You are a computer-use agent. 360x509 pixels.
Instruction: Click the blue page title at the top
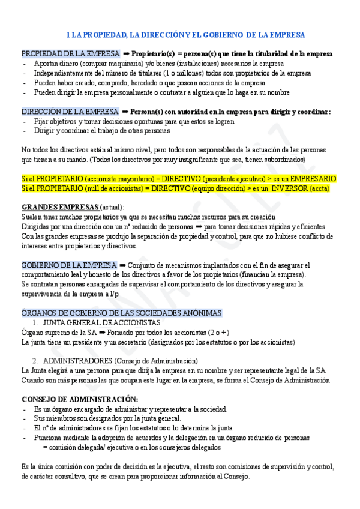(x=185, y=35)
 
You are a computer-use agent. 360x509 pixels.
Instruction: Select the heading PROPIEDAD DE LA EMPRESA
(x=70, y=53)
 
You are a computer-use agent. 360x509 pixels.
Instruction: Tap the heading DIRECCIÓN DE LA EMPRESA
(x=70, y=112)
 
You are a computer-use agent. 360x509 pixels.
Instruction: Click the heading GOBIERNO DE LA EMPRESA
(x=69, y=265)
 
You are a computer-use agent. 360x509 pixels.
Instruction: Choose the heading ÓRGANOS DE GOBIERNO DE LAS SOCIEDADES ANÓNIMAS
(x=122, y=313)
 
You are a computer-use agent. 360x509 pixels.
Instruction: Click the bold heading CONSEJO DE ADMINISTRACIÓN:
(x=80, y=399)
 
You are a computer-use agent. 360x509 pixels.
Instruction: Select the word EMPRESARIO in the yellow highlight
(x=313, y=179)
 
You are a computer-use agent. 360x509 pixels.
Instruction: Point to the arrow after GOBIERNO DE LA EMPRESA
(x=123, y=265)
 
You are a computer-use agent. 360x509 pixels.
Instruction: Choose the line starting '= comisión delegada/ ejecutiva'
(x=131, y=447)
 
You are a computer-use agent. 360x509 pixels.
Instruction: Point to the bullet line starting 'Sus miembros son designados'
(x=107, y=418)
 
